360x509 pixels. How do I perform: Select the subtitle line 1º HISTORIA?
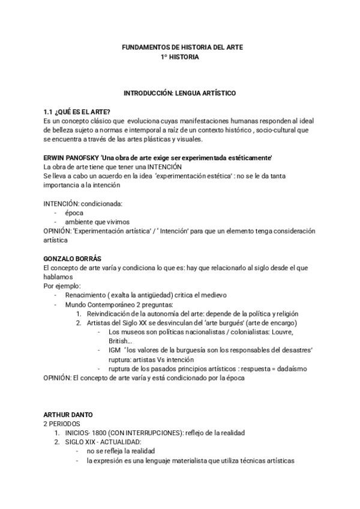179,57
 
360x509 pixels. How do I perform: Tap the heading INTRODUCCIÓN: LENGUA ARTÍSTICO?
179,94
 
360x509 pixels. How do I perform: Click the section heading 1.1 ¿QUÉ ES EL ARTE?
76,112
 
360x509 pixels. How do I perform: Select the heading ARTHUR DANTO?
68,415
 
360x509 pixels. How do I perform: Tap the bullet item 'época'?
74,212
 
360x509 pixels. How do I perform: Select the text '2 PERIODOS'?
61,424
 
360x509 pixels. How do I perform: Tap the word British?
119,340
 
